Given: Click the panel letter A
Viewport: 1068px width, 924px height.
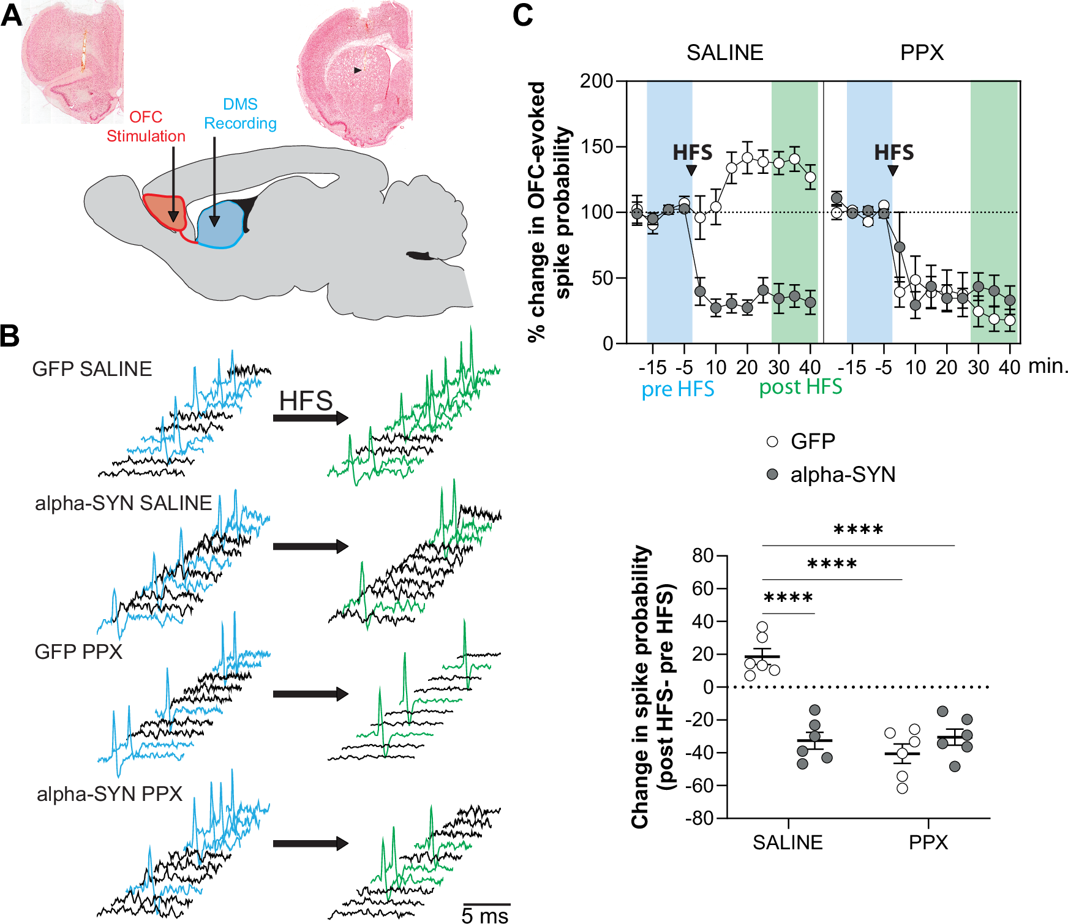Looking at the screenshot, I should pos(11,15).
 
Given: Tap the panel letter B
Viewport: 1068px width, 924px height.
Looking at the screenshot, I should pos(10,336).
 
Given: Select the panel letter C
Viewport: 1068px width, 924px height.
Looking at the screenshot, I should pos(522,15).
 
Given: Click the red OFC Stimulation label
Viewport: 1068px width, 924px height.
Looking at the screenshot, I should pos(146,127).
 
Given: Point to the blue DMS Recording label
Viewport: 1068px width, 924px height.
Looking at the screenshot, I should pos(240,114).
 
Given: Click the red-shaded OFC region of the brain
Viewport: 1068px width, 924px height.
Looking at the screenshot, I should pos(163,211).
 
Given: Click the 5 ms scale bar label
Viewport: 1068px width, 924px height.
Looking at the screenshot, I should pos(485,915).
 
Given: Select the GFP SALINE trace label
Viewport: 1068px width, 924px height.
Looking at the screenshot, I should pos(92,369).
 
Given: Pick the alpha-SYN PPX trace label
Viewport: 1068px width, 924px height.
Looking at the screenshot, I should pos(110,794).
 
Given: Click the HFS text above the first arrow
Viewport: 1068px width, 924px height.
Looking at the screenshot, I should pos(306,402).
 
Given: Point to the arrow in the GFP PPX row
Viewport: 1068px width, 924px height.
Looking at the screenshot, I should pos(310,694).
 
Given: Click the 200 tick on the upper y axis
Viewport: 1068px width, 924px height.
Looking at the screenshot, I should pos(596,81).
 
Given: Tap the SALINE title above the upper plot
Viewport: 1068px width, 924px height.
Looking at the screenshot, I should pos(724,53).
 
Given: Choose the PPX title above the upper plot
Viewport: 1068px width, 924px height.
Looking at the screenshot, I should pos(922,53).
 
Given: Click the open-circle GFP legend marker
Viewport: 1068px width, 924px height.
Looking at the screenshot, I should pos(773,441).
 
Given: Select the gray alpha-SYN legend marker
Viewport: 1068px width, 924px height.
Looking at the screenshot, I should pos(773,475).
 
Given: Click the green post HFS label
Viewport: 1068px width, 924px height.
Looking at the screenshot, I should pos(800,388).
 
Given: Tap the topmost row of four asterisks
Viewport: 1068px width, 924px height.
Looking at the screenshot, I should pos(858,530).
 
